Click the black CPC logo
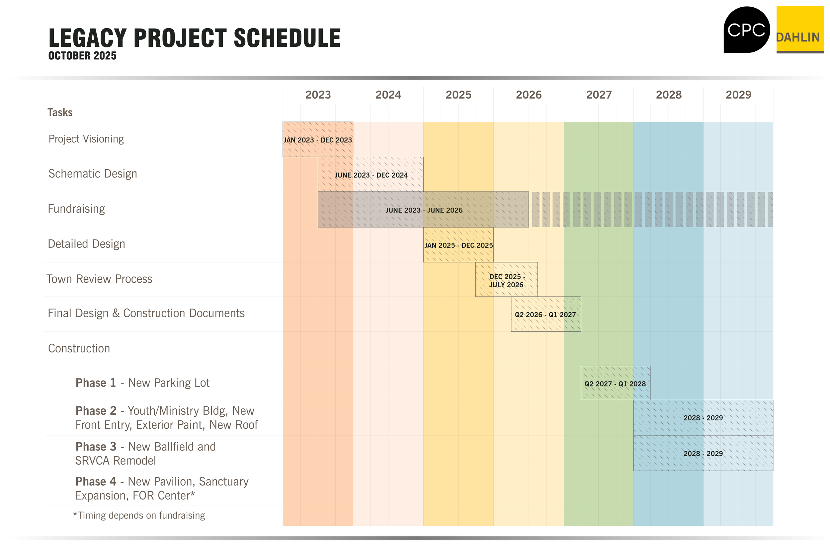click(746, 30)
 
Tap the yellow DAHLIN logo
click(800, 30)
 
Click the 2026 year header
click(528, 95)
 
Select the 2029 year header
click(738, 95)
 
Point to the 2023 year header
click(318, 95)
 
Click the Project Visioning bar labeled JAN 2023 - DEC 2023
click(318, 140)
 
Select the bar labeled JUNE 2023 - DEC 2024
click(371, 174)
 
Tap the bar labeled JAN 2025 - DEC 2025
click(458, 245)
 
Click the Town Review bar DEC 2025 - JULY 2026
click(506, 280)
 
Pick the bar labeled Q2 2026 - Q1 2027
click(545, 314)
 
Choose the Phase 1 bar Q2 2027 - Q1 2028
click(616, 383)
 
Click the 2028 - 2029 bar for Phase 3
click(703, 453)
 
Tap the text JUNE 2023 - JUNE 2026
click(424, 210)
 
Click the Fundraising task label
click(76, 209)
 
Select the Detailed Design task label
click(86, 244)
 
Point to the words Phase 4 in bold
click(96, 482)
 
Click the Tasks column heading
click(60, 112)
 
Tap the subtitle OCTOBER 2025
click(82, 56)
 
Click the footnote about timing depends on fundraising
click(139, 515)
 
